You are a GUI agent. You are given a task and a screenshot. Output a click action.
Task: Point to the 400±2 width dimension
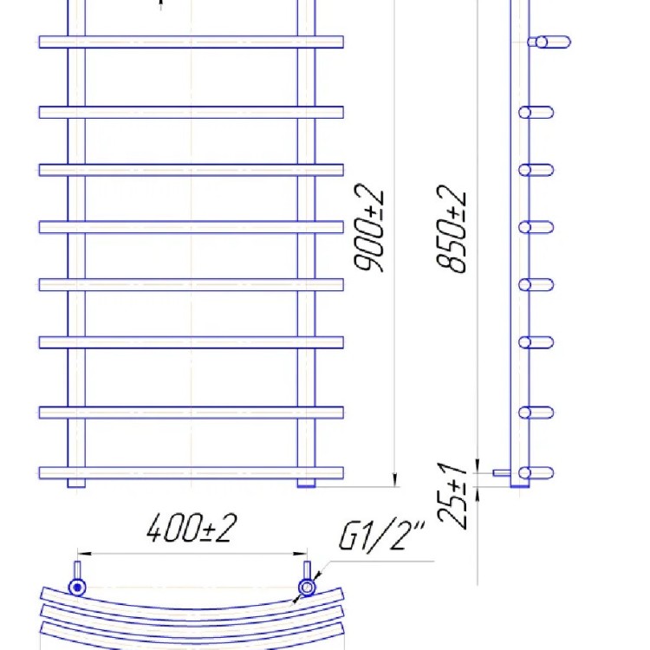point(192,528)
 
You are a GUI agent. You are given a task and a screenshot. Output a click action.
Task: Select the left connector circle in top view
point(78,588)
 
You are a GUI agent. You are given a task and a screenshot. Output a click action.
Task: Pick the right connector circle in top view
point(307,588)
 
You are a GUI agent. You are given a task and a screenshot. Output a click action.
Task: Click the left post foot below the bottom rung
point(76,483)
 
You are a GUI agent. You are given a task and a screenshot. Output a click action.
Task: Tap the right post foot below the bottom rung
point(308,483)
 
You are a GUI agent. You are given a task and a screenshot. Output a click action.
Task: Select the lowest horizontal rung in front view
point(192,472)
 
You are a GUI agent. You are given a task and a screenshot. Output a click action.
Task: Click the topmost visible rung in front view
point(192,42)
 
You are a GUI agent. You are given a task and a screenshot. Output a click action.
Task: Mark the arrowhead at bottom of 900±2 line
point(395,479)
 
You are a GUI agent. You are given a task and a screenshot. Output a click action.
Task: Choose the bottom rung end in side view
point(537,473)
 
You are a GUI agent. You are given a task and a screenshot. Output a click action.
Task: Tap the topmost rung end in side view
point(552,42)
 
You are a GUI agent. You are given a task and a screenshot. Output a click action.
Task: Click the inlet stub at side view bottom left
point(500,473)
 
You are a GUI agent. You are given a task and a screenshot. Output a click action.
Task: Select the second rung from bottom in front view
point(192,413)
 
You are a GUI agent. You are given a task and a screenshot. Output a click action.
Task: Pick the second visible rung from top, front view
point(192,112)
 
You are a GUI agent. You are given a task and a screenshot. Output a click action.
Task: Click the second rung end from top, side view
point(536,112)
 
